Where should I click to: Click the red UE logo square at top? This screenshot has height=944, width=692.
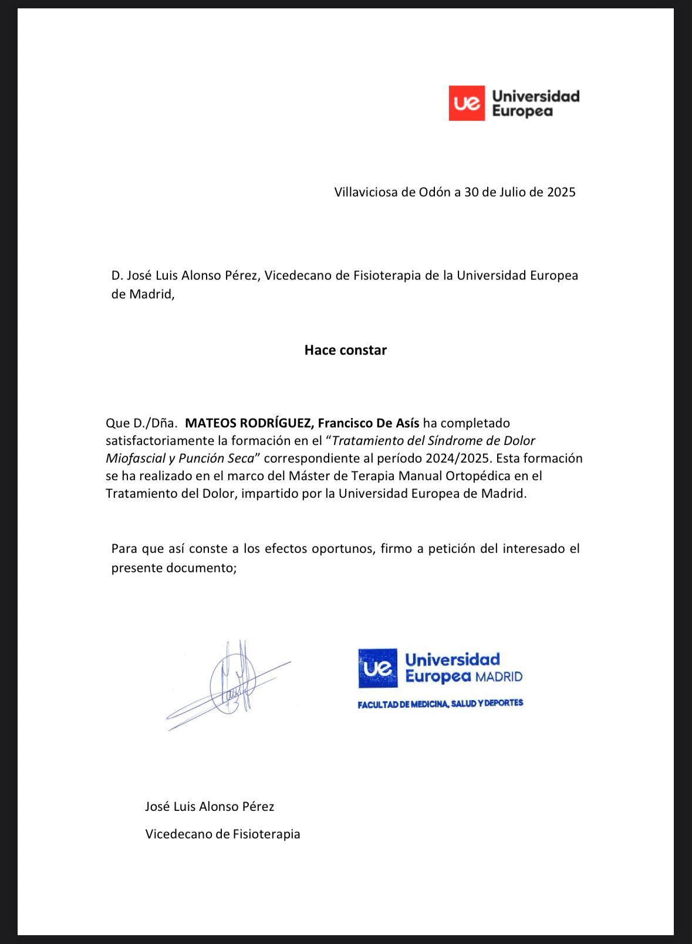tap(467, 103)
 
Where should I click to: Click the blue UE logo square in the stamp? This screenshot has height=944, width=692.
tap(377, 668)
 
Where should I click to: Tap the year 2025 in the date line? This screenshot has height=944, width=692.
tap(561, 192)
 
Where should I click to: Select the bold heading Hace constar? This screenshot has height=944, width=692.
tap(345, 350)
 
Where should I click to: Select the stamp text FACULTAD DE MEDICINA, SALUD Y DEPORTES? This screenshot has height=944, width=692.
tap(440, 703)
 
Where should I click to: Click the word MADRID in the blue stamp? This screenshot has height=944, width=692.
tap(498, 677)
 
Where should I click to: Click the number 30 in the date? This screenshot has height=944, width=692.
tap(471, 192)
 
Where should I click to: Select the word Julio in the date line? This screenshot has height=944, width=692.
tap(513, 192)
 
